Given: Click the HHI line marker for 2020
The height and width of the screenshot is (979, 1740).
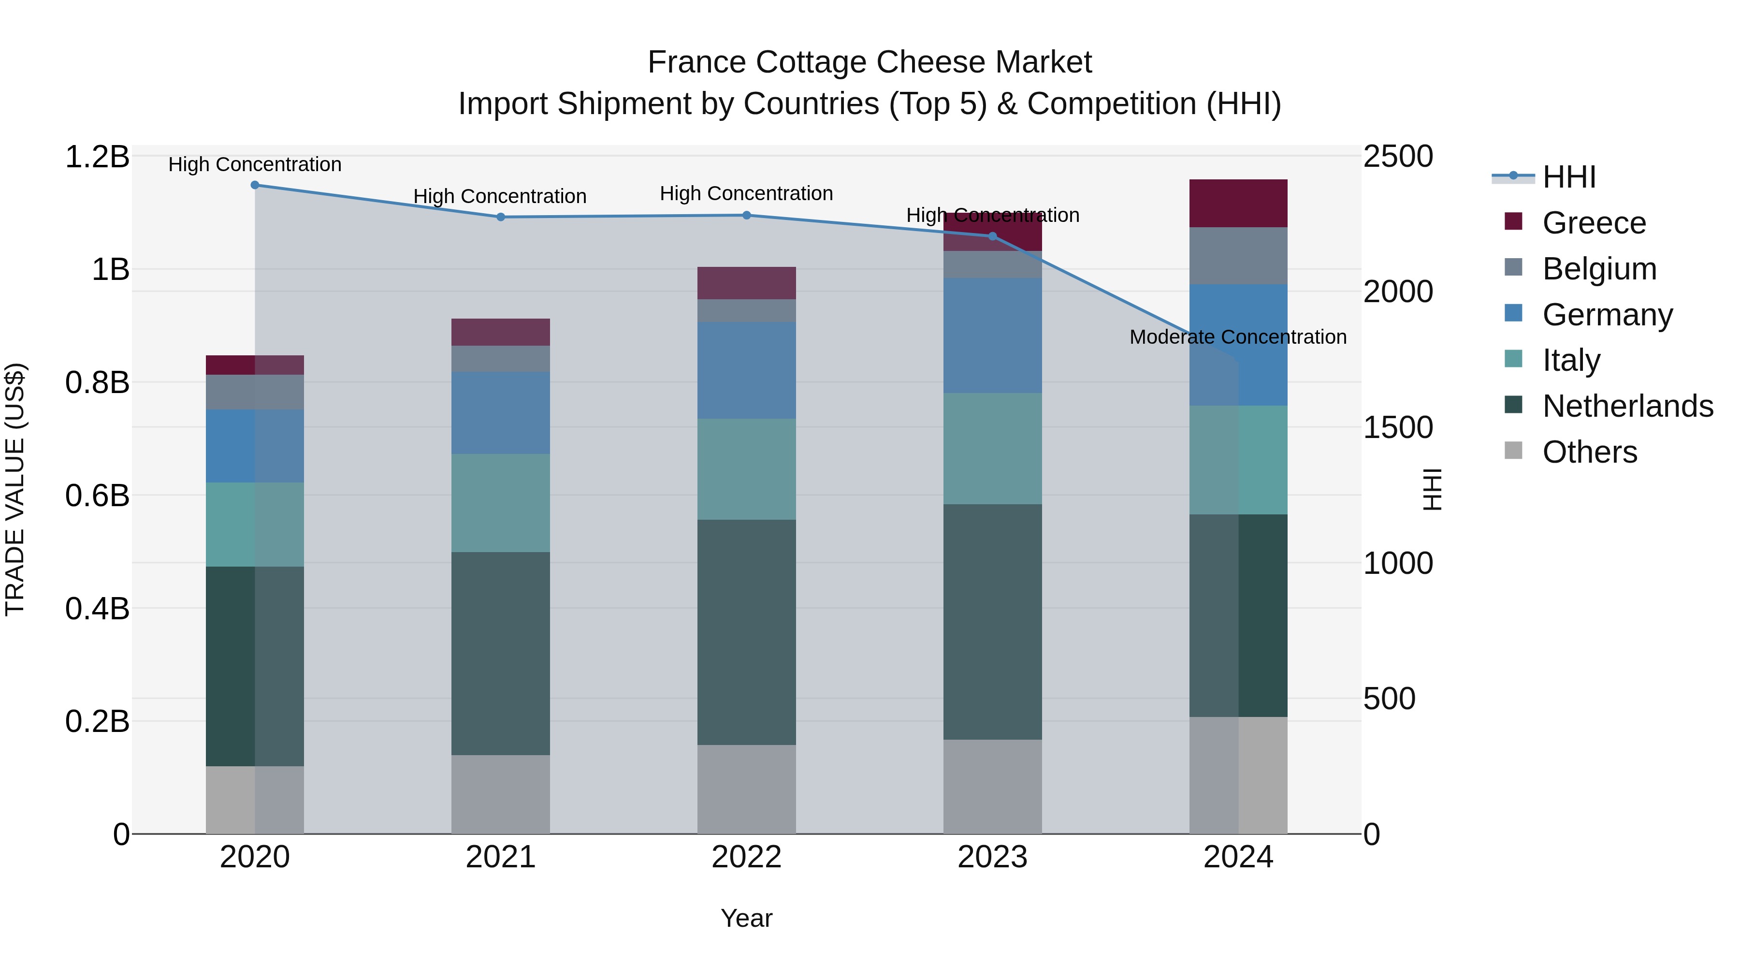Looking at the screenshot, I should [255, 185].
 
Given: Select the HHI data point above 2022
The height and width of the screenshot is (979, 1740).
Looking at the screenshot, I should [746, 216].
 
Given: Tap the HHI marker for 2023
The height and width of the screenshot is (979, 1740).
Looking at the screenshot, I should [992, 236].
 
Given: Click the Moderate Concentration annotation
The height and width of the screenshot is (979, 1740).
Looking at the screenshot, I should [1237, 336].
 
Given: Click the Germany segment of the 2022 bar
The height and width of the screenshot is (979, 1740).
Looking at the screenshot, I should [746, 370].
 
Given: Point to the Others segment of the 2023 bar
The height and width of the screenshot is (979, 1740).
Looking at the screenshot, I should [992, 787].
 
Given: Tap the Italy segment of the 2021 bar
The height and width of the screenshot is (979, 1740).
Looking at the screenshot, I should [501, 503].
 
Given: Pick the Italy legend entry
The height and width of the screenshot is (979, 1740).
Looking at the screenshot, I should [1570, 360].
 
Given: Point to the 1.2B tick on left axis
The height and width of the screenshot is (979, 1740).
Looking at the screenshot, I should [97, 157].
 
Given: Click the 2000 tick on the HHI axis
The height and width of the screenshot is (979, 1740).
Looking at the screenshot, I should [1397, 292].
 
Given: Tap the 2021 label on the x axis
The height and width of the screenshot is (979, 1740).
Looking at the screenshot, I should [501, 857].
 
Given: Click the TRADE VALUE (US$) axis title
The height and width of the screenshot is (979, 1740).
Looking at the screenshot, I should [15, 490].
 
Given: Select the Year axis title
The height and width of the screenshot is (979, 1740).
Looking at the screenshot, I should [746, 918].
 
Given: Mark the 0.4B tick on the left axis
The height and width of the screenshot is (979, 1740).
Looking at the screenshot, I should [97, 609].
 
